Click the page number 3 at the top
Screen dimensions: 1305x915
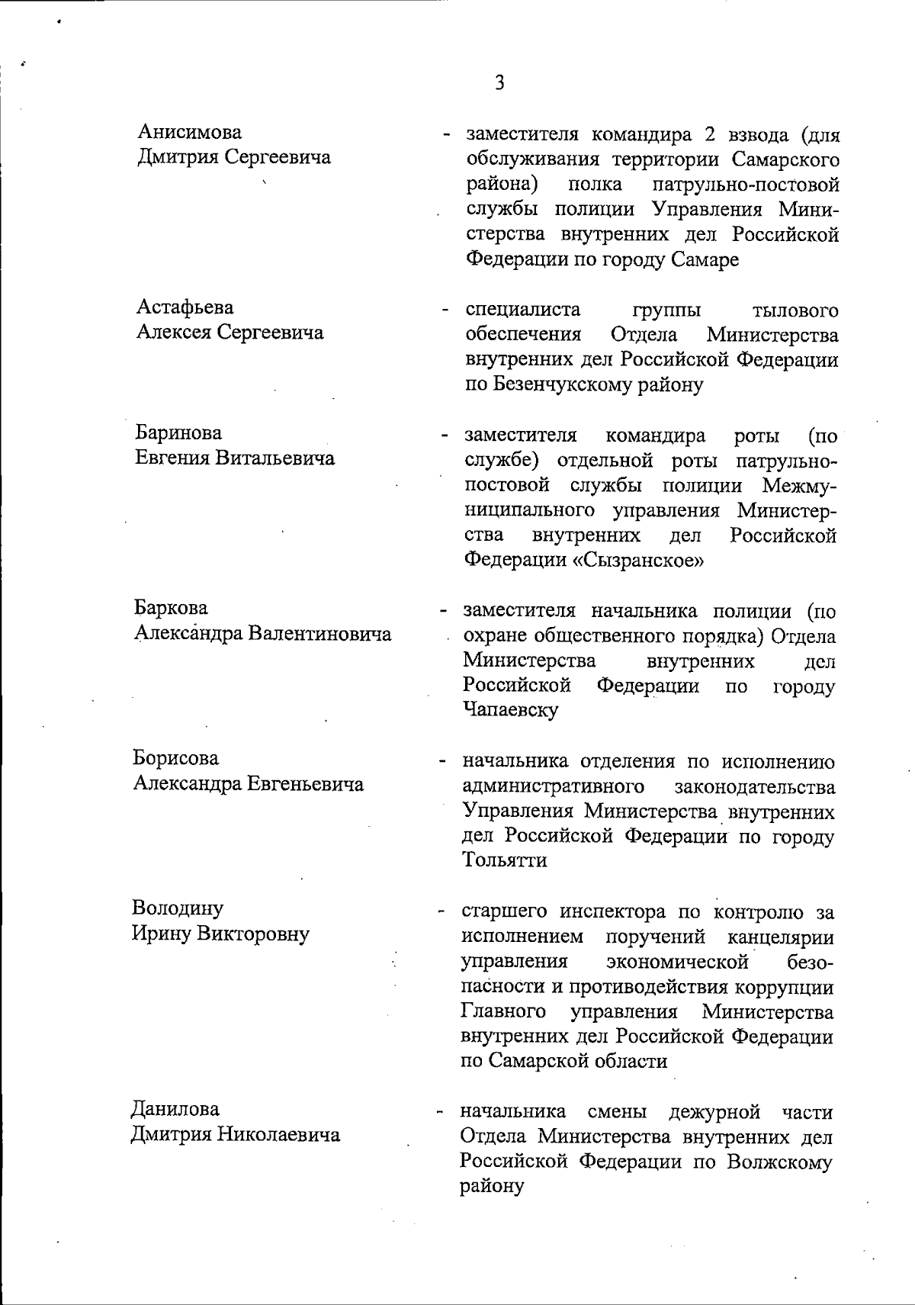[499, 82]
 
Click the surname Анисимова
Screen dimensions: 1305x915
[189, 132]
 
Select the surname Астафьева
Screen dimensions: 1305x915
[185, 307]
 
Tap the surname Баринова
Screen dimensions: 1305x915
[179, 433]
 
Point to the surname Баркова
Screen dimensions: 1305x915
[171, 609]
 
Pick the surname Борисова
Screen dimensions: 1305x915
[176, 759]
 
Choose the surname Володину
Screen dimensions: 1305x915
[178, 908]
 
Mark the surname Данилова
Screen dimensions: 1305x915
[175, 1109]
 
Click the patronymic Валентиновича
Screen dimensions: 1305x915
[321, 635]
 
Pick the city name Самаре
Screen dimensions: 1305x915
[705, 260]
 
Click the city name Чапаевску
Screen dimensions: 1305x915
[510, 710]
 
